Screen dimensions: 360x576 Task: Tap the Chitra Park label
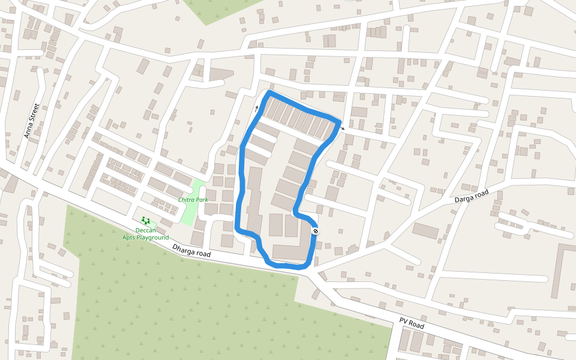coord(193,199)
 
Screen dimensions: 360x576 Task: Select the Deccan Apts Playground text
coord(146,234)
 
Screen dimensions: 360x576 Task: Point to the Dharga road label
coord(191,251)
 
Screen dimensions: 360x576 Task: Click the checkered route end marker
coord(316,231)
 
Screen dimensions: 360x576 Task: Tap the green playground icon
coord(145,221)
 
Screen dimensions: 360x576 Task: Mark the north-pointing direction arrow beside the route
coord(256,108)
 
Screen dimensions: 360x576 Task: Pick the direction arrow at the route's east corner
coord(342,128)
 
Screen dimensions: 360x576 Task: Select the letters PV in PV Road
coord(404,319)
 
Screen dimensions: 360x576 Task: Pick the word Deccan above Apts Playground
coord(146,230)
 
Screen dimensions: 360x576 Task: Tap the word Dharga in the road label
coord(184,248)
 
